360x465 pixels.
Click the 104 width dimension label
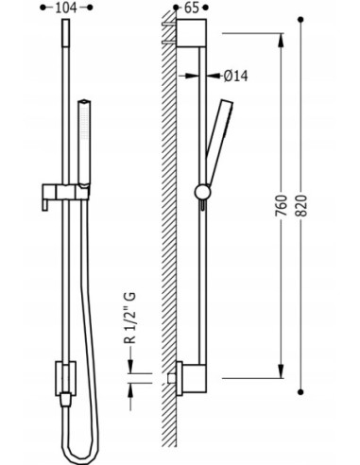click(x=66, y=8)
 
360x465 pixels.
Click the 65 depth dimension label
click(x=192, y=8)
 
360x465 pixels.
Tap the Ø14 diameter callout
click(x=236, y=77)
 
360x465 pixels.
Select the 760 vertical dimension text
click(x=282, y=205)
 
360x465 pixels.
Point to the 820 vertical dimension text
click(x=301, y=205)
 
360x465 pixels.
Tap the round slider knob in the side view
click(x=202, y=192)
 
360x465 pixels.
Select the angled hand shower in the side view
click(x=219, y=143)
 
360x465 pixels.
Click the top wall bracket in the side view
click(x=191, y=33)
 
